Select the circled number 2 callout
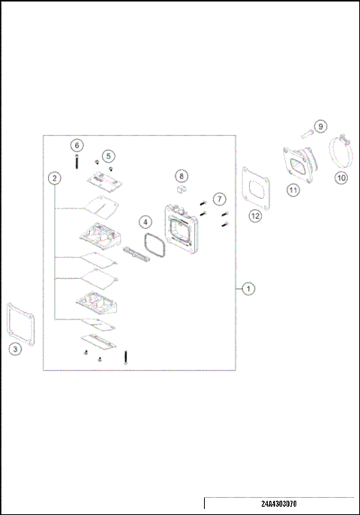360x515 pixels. coord(54,178)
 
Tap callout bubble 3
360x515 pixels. coord(15,348)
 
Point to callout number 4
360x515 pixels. coord(145,222)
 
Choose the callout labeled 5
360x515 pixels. coord(109,155)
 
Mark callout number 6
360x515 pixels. coord(76,145)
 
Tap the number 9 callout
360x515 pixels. coord(320,126)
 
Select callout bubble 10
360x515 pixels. coord(340,178)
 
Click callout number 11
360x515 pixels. coord(293,190)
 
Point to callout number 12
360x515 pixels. coord(256,215)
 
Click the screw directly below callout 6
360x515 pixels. coord(76,161)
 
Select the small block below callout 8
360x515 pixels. coord(180,190)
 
